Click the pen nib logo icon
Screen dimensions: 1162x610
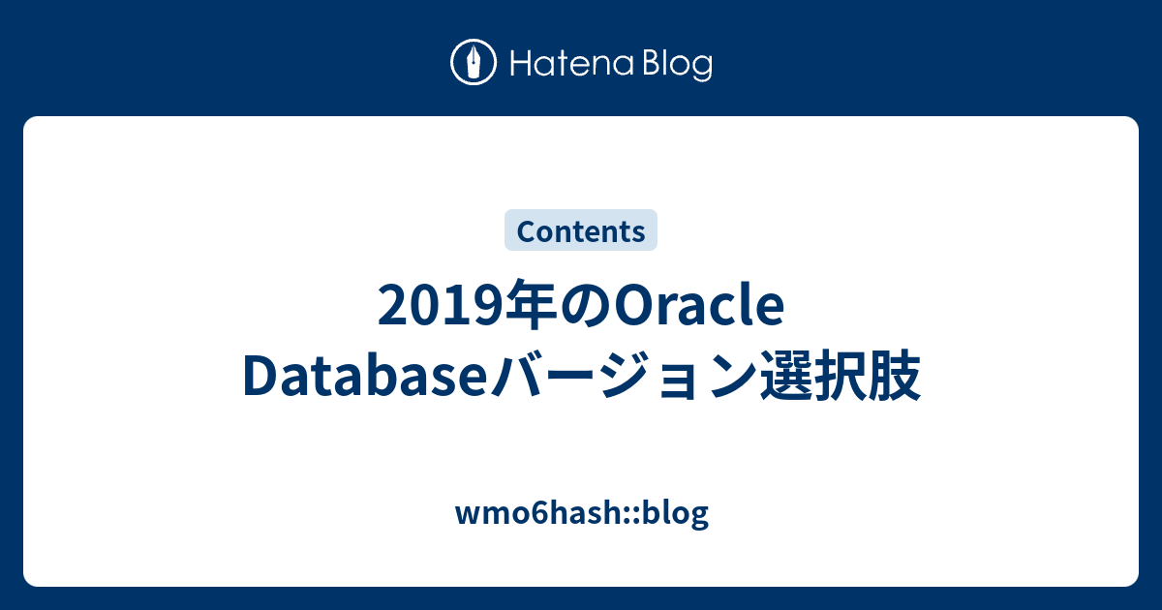474,62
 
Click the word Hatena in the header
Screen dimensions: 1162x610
571,63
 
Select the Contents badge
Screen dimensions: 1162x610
581,230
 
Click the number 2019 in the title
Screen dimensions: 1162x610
442,306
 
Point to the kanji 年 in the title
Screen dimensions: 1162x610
533,305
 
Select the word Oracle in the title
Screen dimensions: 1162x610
699,305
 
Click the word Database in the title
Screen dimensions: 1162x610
365,375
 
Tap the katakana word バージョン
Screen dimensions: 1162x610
623,376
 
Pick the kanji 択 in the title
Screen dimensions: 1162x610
840,375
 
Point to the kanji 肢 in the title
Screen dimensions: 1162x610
894,375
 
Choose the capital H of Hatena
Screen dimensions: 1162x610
522,63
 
